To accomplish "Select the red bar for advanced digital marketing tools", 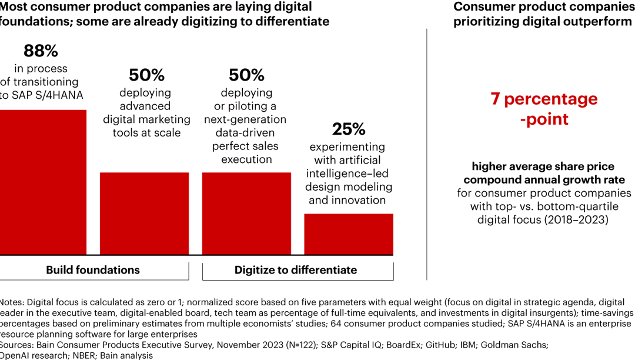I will tap(144, 212).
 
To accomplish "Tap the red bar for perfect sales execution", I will tap(246, 212).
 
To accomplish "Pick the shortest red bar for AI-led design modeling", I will tap(348, 233).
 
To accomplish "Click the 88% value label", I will tap(41, 51).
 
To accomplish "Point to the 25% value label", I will tap(349, 129).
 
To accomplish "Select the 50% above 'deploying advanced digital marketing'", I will tap(146, 75).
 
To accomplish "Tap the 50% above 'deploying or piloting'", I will tap(246, 75).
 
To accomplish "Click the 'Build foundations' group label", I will tap(93, 270).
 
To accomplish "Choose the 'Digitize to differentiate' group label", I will tap(296, 270).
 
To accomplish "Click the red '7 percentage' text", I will tap(544, 99).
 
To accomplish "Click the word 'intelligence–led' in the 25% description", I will tap(347, 174).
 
